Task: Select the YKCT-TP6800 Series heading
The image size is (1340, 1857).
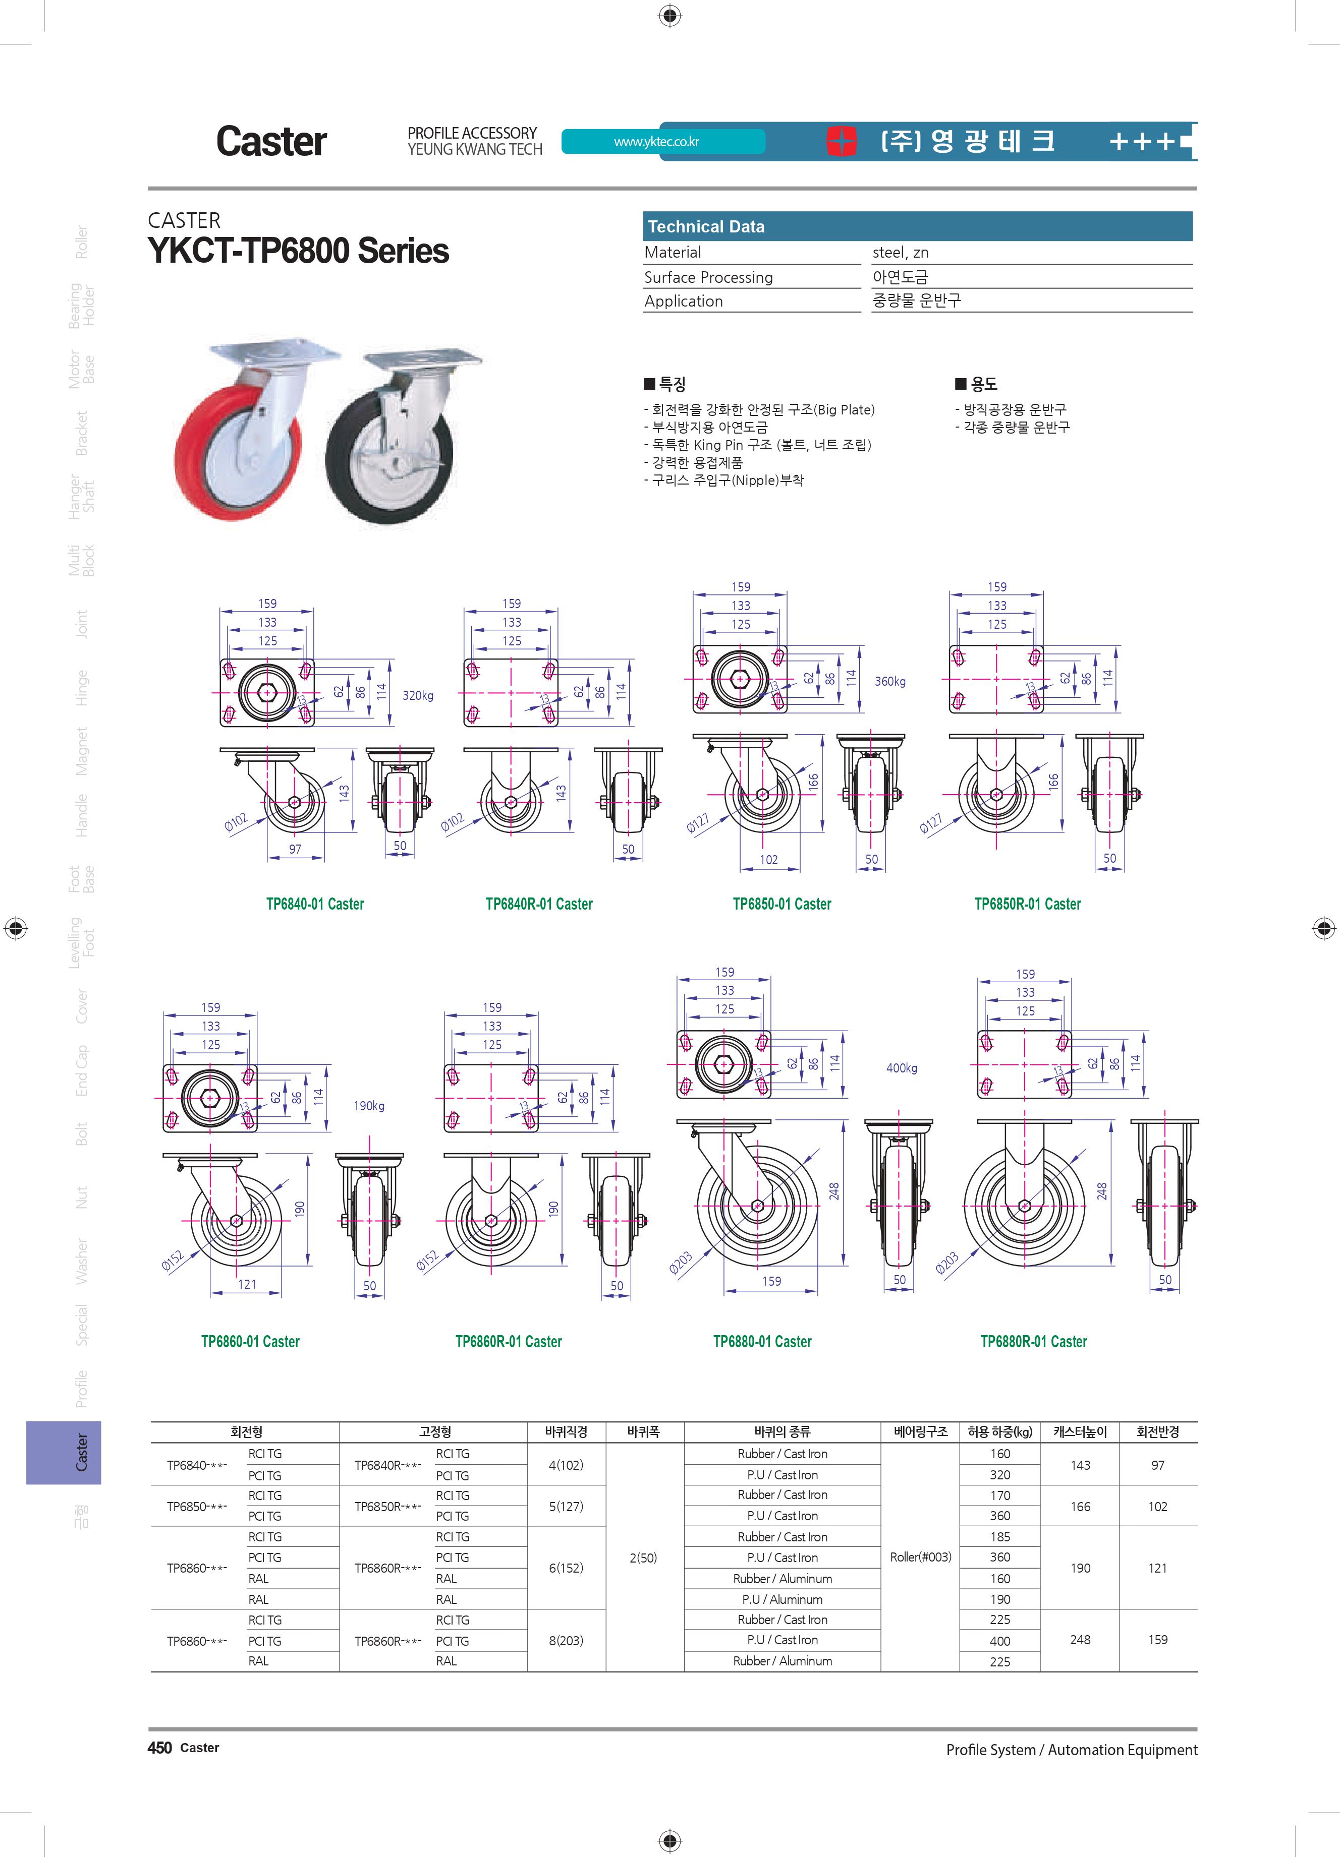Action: [x=298, y=251]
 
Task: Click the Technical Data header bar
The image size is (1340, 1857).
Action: [x=917, y=226]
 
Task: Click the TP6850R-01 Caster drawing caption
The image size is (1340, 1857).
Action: [x=1028, y=904]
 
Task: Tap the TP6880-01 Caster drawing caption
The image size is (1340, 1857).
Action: [x=762, y=1341]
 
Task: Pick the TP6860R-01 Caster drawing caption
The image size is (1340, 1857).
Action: [x=509, y=1341]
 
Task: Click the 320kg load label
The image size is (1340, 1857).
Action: [x=418, y=695]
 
